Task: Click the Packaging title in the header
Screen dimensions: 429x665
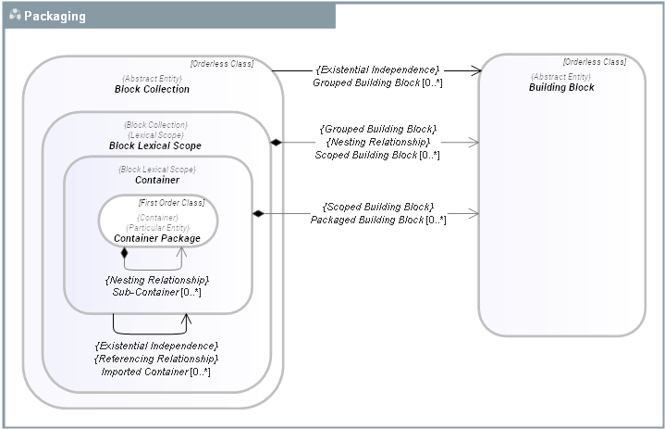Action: point(55,16)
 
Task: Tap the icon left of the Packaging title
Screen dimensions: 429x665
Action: point(15,16)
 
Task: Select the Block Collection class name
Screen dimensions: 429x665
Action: point(152,89)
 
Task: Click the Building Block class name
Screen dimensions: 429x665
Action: point(561,87)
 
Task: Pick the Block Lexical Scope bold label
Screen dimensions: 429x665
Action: point(154,145)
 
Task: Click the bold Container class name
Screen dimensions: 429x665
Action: point(156,180)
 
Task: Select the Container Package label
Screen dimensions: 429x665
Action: point(157,238)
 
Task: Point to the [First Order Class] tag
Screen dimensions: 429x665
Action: point(171,202)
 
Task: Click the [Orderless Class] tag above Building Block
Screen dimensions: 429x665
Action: point(594,62)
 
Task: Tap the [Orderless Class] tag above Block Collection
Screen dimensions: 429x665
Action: point(221,65)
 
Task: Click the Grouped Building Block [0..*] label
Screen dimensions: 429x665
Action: point(377,82)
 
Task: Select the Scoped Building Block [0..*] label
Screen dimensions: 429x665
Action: point(377,155)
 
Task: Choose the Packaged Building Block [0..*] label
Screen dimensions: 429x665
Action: point(377,220)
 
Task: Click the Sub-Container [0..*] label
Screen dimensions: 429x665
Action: point(156,292)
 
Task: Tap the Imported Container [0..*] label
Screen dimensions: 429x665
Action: point(156,372)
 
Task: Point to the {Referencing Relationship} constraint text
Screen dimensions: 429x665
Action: point(156,358)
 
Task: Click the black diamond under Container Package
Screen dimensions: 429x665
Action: point(125,252)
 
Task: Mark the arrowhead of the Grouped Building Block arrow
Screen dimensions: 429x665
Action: point(477,70)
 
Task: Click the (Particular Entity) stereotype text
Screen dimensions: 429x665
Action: point(157,227)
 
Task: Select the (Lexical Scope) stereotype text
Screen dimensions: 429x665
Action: point(155,134)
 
